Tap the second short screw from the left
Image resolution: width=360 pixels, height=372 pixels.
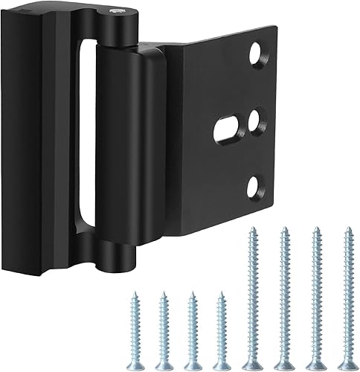(164, 322)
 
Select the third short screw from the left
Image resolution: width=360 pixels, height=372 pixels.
(191, 322)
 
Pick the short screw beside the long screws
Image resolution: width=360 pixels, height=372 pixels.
(219, 324)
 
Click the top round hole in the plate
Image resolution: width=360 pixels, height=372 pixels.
(255, 54)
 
